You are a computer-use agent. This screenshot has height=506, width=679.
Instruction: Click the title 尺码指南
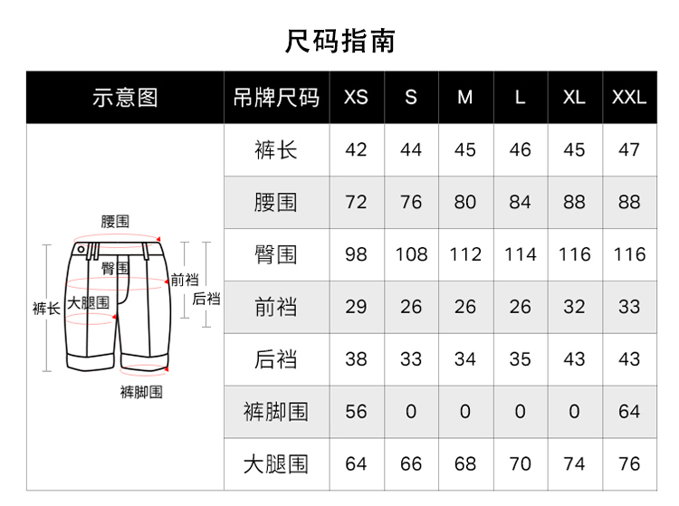coord(339,41)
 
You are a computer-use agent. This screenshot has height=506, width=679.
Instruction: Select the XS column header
coord(356,97)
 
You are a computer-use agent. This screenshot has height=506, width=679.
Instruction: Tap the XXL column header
coord(629,97)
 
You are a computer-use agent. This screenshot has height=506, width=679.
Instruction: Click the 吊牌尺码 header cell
coord(276,98)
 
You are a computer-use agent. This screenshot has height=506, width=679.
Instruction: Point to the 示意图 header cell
coord(125,98)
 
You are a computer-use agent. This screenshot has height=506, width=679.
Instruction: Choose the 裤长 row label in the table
coord(276,149)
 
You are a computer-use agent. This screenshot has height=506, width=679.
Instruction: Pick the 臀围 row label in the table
coord(276,254)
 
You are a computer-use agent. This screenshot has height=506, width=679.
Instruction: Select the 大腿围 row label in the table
coord(276,464)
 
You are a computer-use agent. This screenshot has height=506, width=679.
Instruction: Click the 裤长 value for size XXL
coord(629,149)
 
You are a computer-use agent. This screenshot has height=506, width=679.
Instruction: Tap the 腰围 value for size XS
coord(356,202)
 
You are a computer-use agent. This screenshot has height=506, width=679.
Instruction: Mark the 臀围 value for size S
coord(411,254)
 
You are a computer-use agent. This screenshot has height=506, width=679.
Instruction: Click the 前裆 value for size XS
coord(356,307)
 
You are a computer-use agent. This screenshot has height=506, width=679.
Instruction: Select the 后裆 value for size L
coord(520,359)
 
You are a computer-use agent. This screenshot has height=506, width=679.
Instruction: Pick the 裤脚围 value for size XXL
coord(629,412)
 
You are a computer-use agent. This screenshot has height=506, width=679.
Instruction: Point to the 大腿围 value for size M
coord(465,464)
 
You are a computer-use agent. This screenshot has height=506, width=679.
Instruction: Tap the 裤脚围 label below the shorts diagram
coord(141,392)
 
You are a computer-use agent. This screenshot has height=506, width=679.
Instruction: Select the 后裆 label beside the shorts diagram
coord(206,299)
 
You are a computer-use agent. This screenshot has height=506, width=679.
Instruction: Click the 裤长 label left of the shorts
coord(46,309)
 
